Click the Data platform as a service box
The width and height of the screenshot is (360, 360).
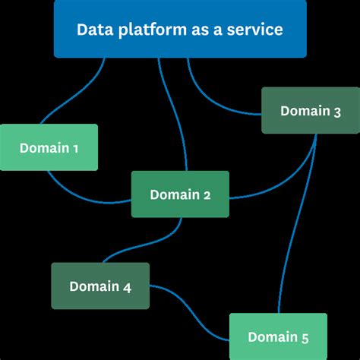coord(180,29)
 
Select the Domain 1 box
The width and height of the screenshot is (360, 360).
coord(49,147)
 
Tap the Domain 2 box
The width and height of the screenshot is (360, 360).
coord(180,194)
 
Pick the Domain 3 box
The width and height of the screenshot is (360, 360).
coord(311,111)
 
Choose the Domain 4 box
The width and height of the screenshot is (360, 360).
coord(100,286)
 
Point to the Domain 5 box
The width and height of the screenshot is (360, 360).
coord(278,336)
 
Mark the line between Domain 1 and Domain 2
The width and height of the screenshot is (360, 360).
coord(84,197)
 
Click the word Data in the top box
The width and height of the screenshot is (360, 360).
coord(91,30)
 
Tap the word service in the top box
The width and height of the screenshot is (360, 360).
coord(257,30)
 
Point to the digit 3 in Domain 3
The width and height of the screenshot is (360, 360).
coord(336,111)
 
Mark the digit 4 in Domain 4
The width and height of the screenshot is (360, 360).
coord(126,287)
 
